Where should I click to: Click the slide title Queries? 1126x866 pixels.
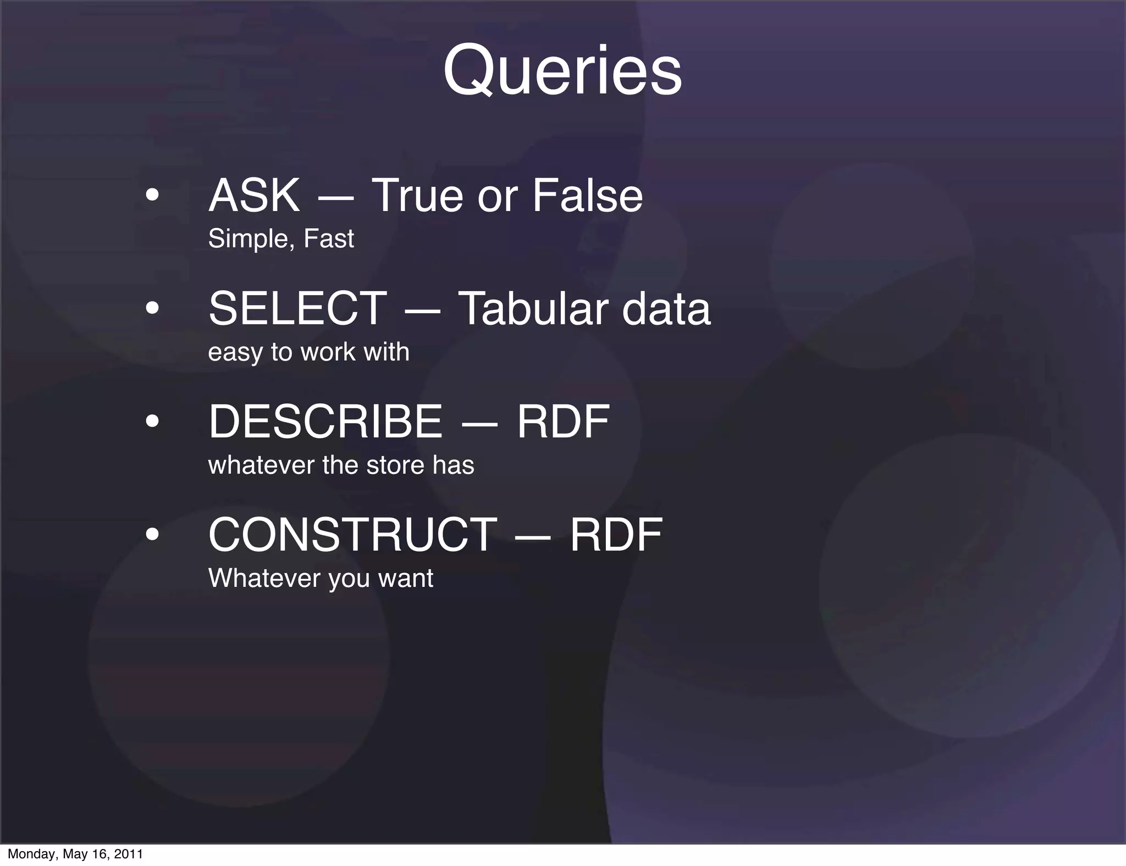click(x=562, y=71)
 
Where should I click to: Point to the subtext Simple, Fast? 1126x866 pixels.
click(x=281, y=238)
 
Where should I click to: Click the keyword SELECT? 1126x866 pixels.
click(x=298, y=308)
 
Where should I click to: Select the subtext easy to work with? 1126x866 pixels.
click(x=308, y=352)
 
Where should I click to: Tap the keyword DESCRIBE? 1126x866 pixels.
click(x=325, y=421)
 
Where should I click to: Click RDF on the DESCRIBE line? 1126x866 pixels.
click(x=563, y=421)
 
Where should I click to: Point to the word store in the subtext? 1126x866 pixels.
click(x=395, y=465)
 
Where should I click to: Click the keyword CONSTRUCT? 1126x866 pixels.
click(x=352, y=535)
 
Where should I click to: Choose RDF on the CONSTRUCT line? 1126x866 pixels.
click(x=616, y=535)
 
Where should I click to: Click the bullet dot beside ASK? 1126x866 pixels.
click(x=152, y=195)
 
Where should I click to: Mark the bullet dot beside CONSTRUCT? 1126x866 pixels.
click(x=152, y=534)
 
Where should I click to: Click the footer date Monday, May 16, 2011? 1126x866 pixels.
click(x=75, y=854)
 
